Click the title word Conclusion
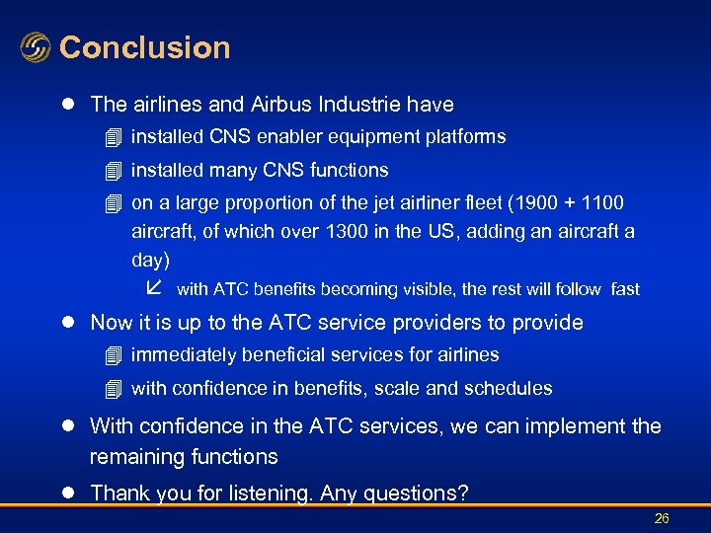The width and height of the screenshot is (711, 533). pyautogui.click(x=144, y=47)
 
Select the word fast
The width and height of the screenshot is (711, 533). pyautogui.click(x=625, y=289)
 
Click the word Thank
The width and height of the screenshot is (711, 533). pyautogui.click(x=118, y=494)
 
